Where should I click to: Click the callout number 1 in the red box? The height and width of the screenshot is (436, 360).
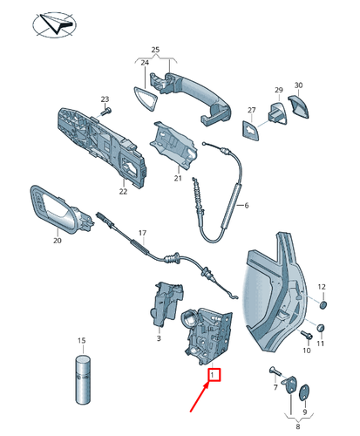pyautogui.click(x=212, y=376)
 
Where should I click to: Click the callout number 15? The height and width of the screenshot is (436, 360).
pyautogui.click(x=82, y=340)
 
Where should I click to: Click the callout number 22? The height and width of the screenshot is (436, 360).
pyautogui.click(x=124, y=191)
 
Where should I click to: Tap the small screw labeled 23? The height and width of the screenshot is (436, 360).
pyautogui.click(x=106, y=112)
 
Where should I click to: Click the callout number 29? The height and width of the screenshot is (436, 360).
pyautogui.click(x=279, y=91)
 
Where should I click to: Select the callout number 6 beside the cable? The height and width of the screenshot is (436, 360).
pyautogui.click(x=247, y=205)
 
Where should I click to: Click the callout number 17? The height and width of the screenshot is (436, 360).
pyautogui.click(x=143, y=233)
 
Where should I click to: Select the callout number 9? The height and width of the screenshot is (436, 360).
pyautogui.click(x=304, y=412)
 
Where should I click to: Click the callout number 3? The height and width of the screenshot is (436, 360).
pyautogui.click(x=158, y=337)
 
